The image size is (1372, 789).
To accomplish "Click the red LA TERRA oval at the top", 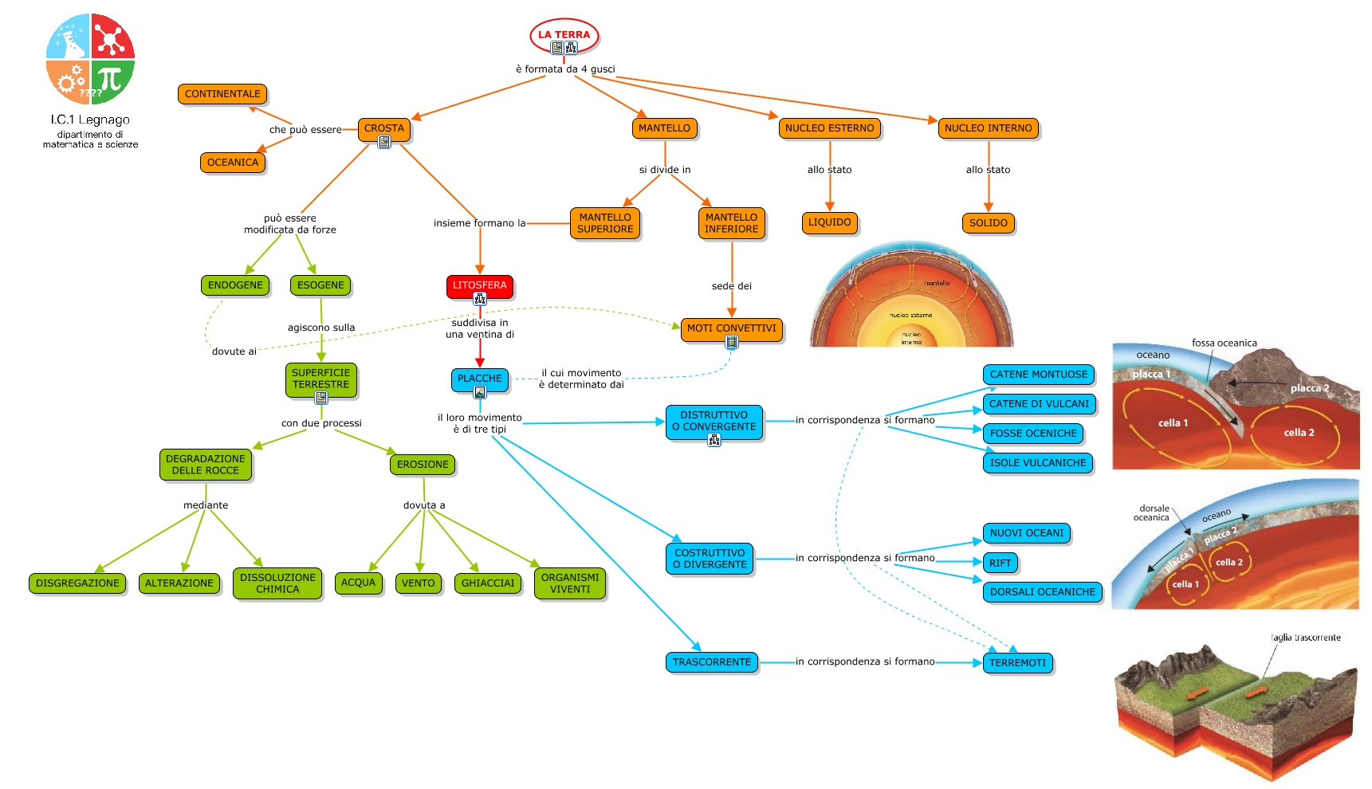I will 564,34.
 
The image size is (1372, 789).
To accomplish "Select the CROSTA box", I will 383,128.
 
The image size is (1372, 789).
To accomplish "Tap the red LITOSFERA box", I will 479,285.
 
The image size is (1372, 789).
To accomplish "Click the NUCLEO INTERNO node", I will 988,128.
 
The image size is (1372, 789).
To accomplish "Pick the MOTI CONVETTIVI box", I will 731,328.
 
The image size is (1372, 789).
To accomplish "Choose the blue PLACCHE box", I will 479,379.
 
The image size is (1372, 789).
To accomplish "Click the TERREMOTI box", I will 1017,662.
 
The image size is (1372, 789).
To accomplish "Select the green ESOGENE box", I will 320,285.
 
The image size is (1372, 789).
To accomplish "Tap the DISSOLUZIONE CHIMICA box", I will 277,583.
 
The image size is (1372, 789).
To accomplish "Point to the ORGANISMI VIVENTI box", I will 570,583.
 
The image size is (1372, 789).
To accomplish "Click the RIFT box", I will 1000,563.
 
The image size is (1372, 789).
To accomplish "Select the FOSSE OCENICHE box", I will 1033,433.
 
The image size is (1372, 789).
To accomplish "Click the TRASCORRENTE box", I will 711,661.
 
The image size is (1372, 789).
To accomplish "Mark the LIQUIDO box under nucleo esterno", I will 829,222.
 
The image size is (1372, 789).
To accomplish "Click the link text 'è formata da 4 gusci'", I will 565,69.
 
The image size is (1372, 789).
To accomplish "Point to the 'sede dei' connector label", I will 731,285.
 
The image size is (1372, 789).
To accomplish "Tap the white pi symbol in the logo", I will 110,79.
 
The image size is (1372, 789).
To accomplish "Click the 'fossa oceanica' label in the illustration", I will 1224,343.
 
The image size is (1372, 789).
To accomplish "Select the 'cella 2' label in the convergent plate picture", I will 1299,433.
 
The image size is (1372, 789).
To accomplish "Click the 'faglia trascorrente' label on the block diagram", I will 1305,638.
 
